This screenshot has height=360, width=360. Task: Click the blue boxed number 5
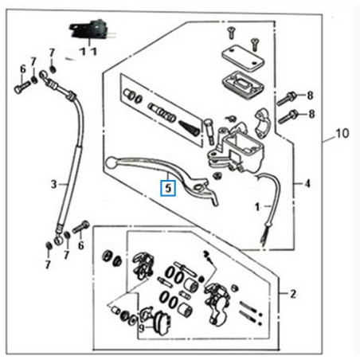coord(167,189)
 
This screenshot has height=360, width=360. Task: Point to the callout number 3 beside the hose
coord(54,184)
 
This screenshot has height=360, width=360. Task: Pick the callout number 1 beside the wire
coord(256,206)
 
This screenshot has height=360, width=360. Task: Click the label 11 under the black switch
coord(88,51)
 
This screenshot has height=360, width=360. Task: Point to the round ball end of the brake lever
coord(110,164)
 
